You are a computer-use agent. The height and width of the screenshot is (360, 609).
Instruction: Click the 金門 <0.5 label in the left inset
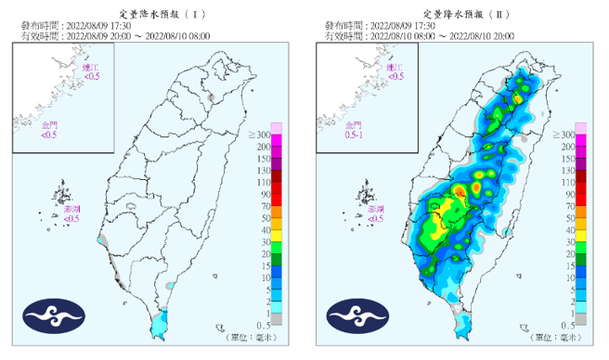[49, 129]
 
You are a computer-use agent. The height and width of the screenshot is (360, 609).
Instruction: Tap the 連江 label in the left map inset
[90, 72]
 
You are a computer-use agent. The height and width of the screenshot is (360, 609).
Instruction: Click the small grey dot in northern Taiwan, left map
[212, 96]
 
